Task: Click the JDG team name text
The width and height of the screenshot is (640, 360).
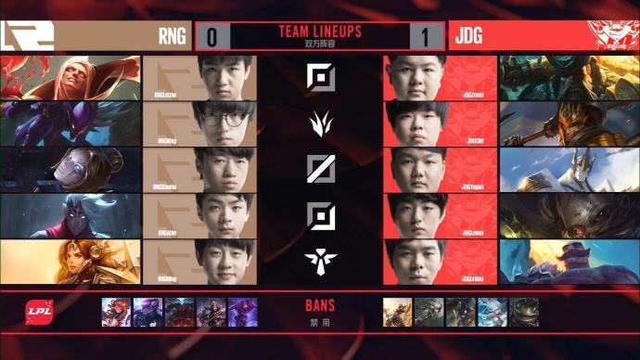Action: tap(467, 37)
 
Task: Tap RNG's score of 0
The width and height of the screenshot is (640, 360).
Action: tap(212, 37)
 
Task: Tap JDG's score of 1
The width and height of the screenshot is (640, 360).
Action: tap(426, 37)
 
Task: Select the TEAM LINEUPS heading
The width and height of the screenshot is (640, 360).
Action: tap(320, 32)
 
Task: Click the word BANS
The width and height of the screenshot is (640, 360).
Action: tap(320, 304)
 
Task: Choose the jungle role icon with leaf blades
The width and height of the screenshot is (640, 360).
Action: tap(320, 122)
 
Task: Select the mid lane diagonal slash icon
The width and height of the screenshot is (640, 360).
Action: tap(320, 168)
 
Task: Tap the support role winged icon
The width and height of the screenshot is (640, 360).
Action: tap(320, 259)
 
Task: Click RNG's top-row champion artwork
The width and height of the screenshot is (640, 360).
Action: tap(70, 77)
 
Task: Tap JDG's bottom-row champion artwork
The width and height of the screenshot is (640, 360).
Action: tap(569, 261)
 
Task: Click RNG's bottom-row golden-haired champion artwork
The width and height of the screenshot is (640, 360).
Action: tap(70, 261)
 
